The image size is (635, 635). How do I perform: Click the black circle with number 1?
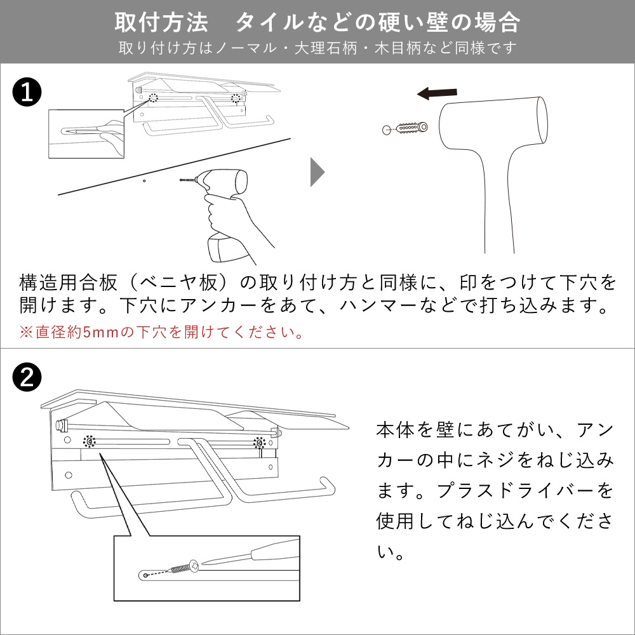[27, 93]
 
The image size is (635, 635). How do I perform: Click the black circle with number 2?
[27, 378]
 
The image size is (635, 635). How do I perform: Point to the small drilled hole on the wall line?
[144, 181]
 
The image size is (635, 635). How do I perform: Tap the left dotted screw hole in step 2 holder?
[91, 441]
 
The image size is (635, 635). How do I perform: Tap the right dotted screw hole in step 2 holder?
[258, 443]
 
